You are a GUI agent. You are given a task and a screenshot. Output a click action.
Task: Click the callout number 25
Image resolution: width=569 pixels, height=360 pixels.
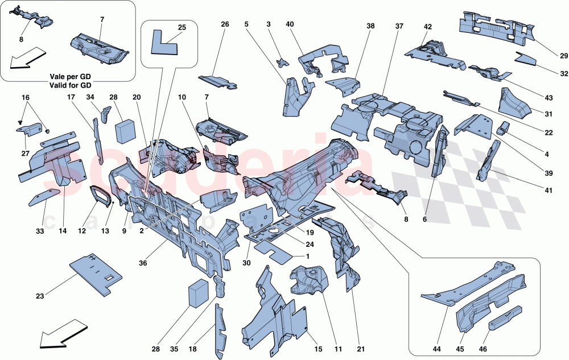click(182, 27)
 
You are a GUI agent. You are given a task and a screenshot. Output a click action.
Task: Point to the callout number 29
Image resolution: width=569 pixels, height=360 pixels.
click(548, 55)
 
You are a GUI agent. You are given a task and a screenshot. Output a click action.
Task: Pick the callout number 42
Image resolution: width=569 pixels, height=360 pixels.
click(428, 27)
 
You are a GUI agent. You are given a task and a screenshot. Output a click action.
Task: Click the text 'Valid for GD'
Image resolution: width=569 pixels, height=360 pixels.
click(70, 84)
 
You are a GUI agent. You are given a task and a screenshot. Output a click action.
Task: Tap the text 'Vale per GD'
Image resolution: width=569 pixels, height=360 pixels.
click(70, 76)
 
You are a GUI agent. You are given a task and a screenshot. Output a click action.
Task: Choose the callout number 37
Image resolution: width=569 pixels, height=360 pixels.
click(399, 27)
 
